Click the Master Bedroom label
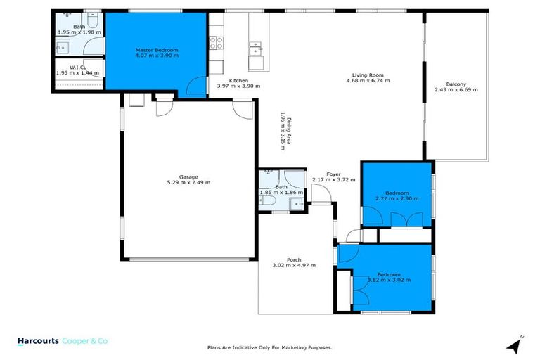[157, 50]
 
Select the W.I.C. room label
[77, 67]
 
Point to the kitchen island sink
[255, 49]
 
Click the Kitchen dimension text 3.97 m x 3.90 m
[239, 86]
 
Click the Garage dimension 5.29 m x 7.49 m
[188, 182]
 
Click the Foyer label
[333, 174]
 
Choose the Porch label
[293, 259]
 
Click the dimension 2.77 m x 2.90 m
[397, 198]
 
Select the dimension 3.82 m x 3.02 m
[389, 280]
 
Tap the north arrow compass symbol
[516, 345]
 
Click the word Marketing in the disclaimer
[294, 347]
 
